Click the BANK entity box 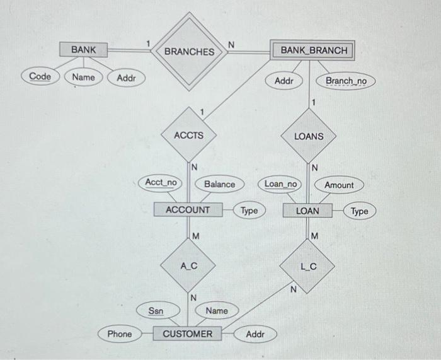[x=84, y=49]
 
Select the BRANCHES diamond [x=189, y=51]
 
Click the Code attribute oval [x=40, y=77]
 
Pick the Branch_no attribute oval [x=346, y=81]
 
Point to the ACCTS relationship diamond [x=188, y=135]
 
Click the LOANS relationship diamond [x=309, y=136]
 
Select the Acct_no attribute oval [x=161, y=183]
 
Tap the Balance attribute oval [x=219, y=184]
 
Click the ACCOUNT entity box [x=188, y=209]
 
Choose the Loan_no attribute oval [x=281, y=184]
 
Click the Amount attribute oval [x=339, y=185]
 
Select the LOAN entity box [x=307, y=211]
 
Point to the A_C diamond [x=188, y=266]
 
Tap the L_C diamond [x=308, y=267]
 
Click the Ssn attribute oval [x=155, y=310]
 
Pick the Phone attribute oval [x=120, y=334]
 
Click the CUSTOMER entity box [x=188, y=334]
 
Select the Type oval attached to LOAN [x=359, y=211]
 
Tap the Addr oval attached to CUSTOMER [x=255, y=334]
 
